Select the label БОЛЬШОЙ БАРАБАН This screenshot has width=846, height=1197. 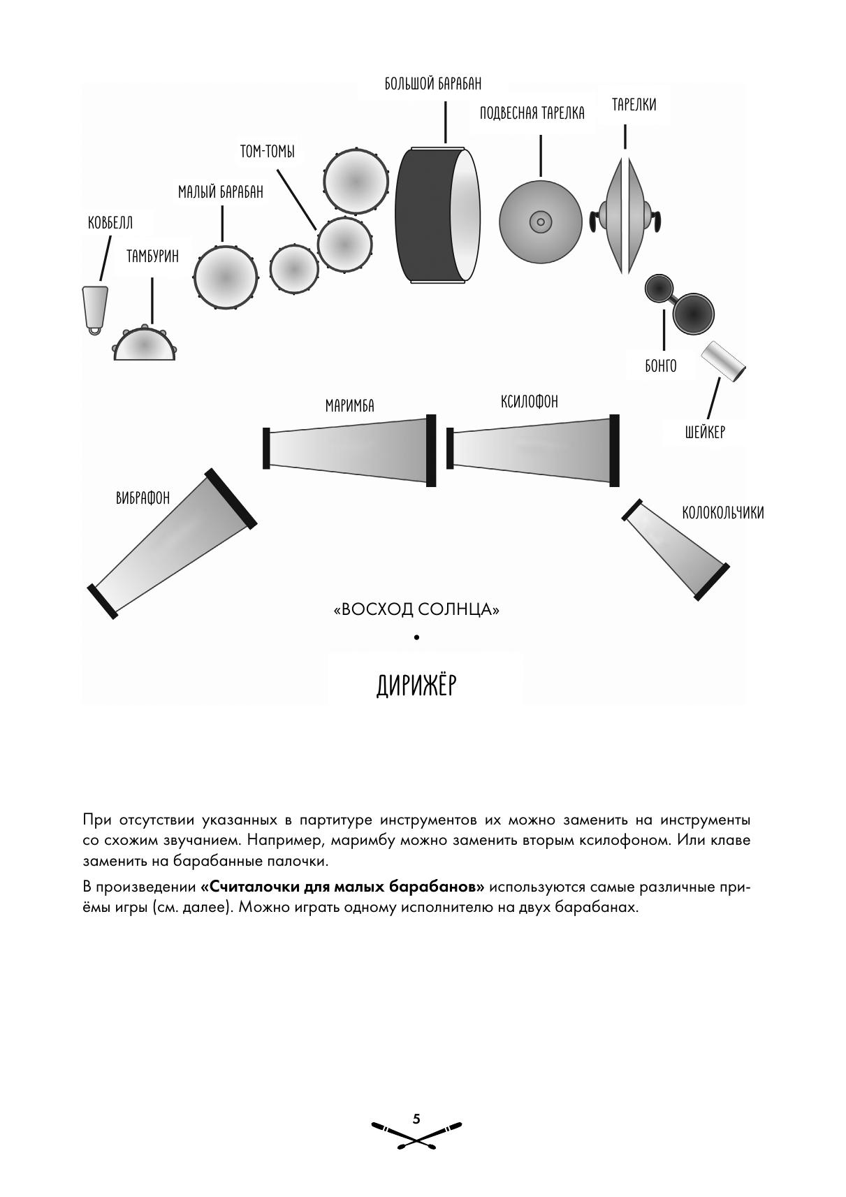432,84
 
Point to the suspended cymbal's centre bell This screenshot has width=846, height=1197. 539,222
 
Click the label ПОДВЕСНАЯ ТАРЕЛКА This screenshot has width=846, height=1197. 532,113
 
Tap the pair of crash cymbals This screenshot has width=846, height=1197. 625,215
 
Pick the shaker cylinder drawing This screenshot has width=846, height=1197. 724,361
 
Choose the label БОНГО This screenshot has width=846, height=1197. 660,365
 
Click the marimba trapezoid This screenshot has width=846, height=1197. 349,450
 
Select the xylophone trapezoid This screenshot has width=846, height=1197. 532,449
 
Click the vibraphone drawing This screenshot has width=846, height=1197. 172,544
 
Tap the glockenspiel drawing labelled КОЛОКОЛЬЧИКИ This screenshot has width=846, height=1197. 676,549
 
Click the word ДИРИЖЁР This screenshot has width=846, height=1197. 416,685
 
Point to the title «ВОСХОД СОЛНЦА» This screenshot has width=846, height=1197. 417,610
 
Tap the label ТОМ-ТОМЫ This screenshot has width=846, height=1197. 267,152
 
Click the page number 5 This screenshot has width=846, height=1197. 416,1119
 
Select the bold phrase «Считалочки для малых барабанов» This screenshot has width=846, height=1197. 342,887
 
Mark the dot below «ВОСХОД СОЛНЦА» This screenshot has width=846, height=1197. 417,637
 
